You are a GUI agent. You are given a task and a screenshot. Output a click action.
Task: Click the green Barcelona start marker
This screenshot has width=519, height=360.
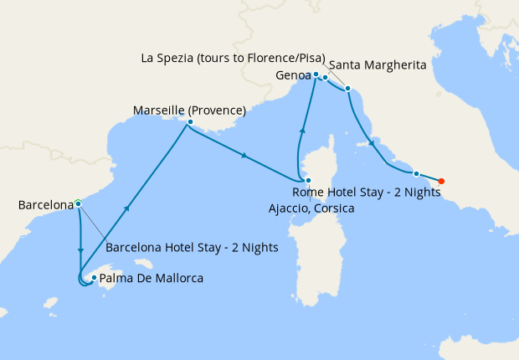(x=78, y=203)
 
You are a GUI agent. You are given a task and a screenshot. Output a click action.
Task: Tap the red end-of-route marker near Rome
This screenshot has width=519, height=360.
(x=441, y=181)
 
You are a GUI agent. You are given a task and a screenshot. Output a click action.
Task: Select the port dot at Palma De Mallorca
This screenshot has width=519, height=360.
(x=94, y=278)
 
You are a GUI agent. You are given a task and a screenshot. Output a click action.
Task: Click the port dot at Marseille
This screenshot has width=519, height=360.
(x=190, y=122)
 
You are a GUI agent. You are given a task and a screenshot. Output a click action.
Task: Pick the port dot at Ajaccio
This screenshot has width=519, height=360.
(x=308, y=181)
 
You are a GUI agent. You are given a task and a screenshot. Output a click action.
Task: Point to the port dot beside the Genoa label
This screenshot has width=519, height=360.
(x=316, y=75)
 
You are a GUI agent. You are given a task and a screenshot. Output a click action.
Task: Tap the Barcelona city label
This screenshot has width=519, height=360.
(x=44, y=204)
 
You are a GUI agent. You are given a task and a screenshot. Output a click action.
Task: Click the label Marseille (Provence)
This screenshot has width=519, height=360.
(x=189, y=110)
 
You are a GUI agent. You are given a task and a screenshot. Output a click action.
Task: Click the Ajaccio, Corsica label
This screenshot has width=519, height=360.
(x=311, y=208)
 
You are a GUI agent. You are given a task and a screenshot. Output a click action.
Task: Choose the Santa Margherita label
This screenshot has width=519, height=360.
(x=378, y=64)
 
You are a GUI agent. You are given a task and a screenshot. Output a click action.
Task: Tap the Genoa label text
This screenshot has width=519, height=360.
(x=292, y=76)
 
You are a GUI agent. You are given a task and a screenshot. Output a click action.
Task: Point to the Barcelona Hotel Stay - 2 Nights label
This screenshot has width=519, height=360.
(x=192, y=248)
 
